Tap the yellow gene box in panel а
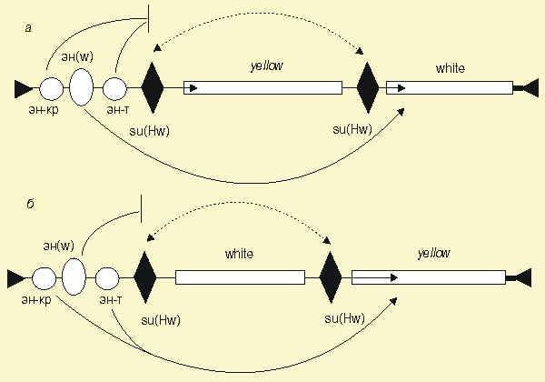click(263, 87)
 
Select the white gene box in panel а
click(449, 87)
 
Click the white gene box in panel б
click(240, 276)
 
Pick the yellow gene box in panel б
click(428, 276)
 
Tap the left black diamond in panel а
click(153, 87)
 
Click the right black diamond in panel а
click(367, 87)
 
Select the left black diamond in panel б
click(145, 276)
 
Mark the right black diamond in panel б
click(331, 276)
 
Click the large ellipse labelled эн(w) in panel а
click(81, 87)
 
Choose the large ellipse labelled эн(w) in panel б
click(74, 276)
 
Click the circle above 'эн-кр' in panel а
click(51, 88)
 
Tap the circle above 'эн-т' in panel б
click(107, 276)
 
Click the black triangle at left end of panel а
click(23, 88)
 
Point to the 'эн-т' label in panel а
click(117, 110)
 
